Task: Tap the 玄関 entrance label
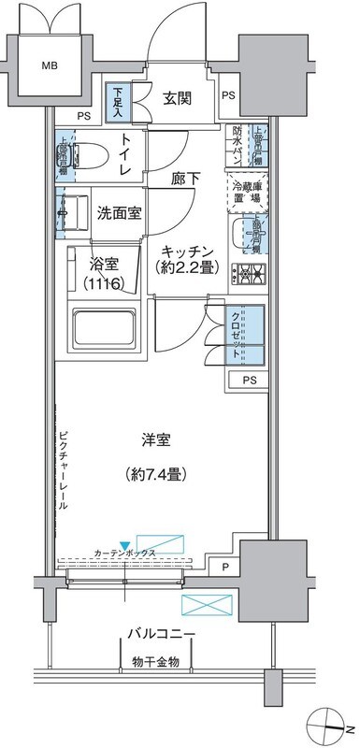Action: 179,97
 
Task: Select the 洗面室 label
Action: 120,212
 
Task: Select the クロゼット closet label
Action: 236,336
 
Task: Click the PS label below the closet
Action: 249,380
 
